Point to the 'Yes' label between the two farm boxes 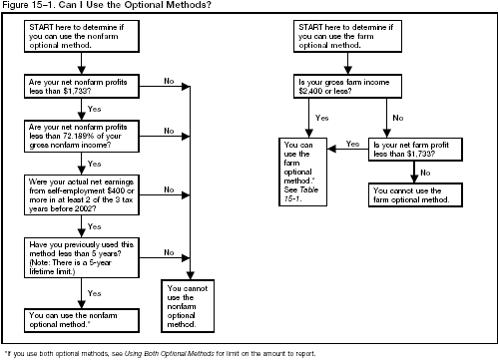tap(352, 143)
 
